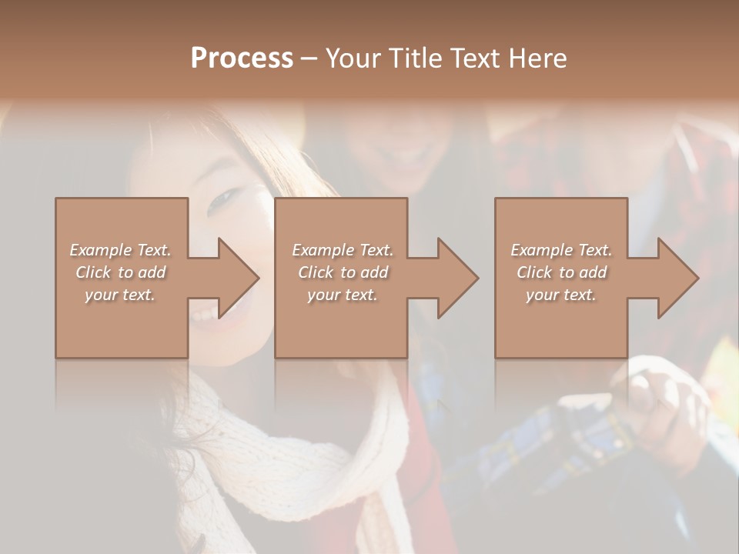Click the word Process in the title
pyautogui.click(x=242, y=58)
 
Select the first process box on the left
pyautogui.click(x=122, y=323)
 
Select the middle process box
pyautogui.click(x=341, y=323)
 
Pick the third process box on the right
pyautogui.click(x=561, y=323)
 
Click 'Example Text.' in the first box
pyautogui.click(x=121, y=250)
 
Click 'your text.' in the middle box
pyautogui.click(x=342, y=295)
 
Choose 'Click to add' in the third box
pyautogui.click(x=561, y=272)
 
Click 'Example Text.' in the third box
pyautogui.click(x=561, y=250)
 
